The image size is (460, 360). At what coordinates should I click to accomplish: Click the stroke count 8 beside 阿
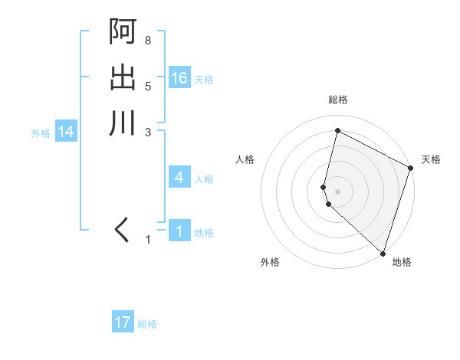coord(147,40)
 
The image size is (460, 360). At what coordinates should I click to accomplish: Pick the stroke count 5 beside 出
coord(147,86)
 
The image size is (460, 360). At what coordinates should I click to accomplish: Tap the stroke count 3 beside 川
coord(147,132)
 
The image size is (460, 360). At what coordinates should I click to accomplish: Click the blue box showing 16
coord(179,78)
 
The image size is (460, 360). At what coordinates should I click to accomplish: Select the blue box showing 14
coord(66,133)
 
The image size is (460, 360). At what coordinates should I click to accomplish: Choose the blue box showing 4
coord(179,178)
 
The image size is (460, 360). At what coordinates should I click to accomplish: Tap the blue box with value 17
coord(123,322)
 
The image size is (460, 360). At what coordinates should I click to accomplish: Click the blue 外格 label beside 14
coord(41,133)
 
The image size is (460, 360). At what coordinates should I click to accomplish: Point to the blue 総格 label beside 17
coord(147,324)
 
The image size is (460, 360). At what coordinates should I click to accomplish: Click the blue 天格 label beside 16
coord(204,80)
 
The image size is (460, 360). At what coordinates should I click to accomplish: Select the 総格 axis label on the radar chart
coord(338,100)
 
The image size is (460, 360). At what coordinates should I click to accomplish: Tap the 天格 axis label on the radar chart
coord(431,159)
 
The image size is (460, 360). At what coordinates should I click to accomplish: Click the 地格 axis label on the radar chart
coord(402,262)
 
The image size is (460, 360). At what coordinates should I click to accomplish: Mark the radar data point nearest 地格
coord(383,252)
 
